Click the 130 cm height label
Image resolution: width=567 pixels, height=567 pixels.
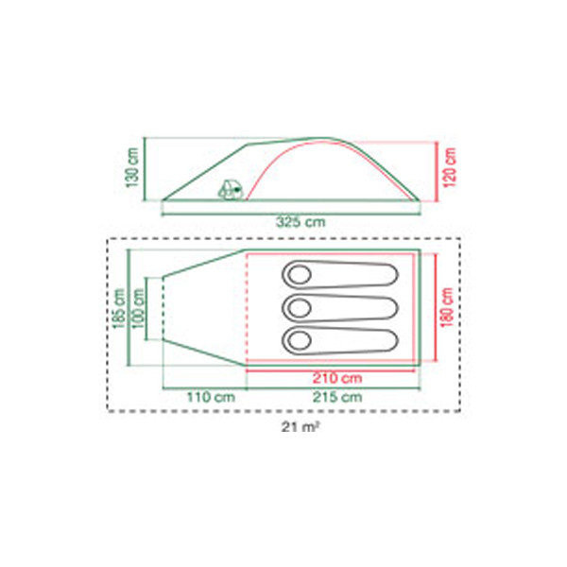tap(133, 167)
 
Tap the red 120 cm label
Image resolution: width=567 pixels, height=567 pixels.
tap(450, 167)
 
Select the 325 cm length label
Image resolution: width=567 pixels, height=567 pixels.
tap(301, 222)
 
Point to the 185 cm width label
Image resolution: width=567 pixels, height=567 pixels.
tap(119, 308)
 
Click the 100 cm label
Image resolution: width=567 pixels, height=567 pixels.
tap(138, 308)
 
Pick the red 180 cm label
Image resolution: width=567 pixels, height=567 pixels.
tap(447, 307)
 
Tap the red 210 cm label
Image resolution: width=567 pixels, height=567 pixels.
tap(337, 378)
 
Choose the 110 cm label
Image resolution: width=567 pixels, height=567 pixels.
tap(211, 397)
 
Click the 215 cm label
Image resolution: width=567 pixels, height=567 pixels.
tap(337, 397)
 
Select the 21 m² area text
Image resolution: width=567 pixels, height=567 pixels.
tap(301, 427)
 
